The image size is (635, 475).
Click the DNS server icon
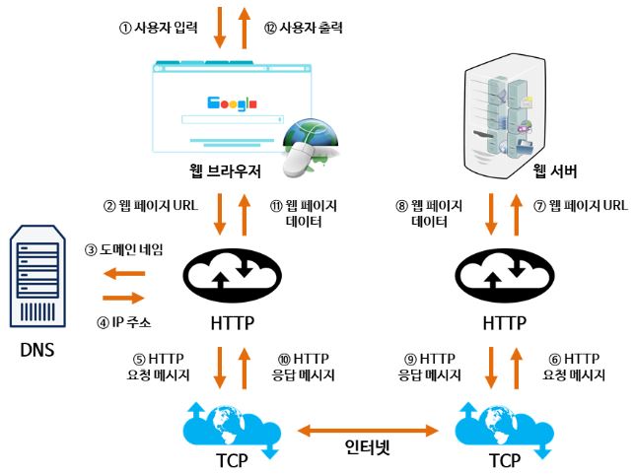pos(37,276)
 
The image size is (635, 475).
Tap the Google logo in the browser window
pos(232,103)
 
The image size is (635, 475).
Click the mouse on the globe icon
pos(299,160)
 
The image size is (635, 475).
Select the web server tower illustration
pos(505,116)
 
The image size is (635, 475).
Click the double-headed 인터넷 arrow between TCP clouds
pos(368,431)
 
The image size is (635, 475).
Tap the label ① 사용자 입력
pos(159,28)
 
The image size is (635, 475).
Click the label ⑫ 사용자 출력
pos(304,28)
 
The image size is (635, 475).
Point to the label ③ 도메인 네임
pos(124,249)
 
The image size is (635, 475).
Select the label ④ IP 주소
pos(124,322)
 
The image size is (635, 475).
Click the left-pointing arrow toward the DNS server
pos(124,274)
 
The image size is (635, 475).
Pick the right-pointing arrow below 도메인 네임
pos(123,299)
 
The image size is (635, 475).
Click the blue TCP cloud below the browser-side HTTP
pos(232,430)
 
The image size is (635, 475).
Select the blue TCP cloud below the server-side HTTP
pos(505,430)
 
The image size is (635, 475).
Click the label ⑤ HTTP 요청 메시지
pos(159,367)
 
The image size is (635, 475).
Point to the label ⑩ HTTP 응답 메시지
pos(304,367)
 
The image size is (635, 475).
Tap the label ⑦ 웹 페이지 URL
pos(581,206)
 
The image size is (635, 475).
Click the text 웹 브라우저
pos(225,171)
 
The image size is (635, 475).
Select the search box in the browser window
pos(233,119)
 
